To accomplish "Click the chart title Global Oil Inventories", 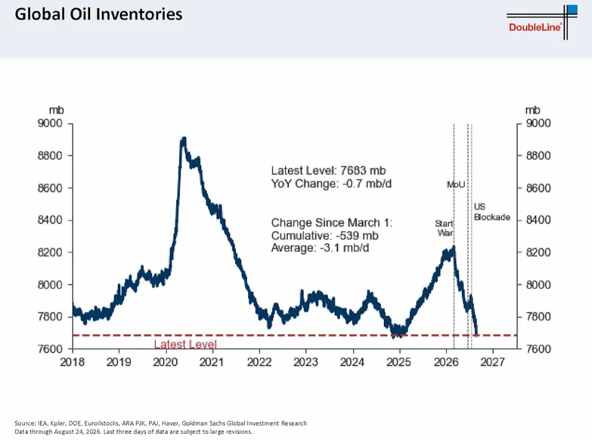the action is pyautogui.click(x=98, y=14).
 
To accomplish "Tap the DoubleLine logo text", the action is pyautogui.click(x=535, y=27).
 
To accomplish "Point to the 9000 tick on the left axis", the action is pyautogui.click(x=50, y=123).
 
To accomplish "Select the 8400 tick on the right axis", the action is pyautogui.click(x=538, y=220).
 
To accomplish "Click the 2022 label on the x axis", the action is pyautogui.click(x=259, y=362).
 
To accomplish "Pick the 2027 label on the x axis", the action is pyautogui.click(x=493, y=362).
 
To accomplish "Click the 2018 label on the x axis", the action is pyautogui.click(x=72, y=362).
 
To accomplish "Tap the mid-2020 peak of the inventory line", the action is pyautogui.click(x=184, y=139).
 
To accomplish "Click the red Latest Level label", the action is pyautogui.click(x=186, y=344).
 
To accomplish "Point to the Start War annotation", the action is pyautogui.click(x=445, y=228).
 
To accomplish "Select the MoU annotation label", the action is pyautogui.click(x=456, y=184).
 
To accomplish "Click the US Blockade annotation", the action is pyautogui.click(x=491, y=212).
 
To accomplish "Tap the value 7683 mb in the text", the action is pyautogui.click(x=363, y=171).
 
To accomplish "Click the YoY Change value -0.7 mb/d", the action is pyautogui.click(x=367, y=183).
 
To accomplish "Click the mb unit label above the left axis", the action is pyautogui.click(x=56, y=110).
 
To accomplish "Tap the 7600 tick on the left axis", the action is pyautogui.click(x=50, y=349).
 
